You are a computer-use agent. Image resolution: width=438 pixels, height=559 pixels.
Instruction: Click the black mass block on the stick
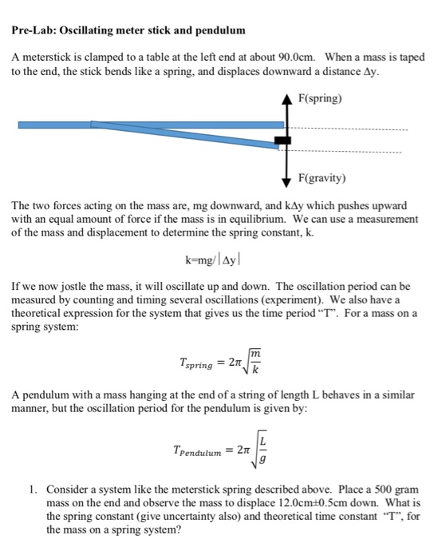click(x=282, y=141)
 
